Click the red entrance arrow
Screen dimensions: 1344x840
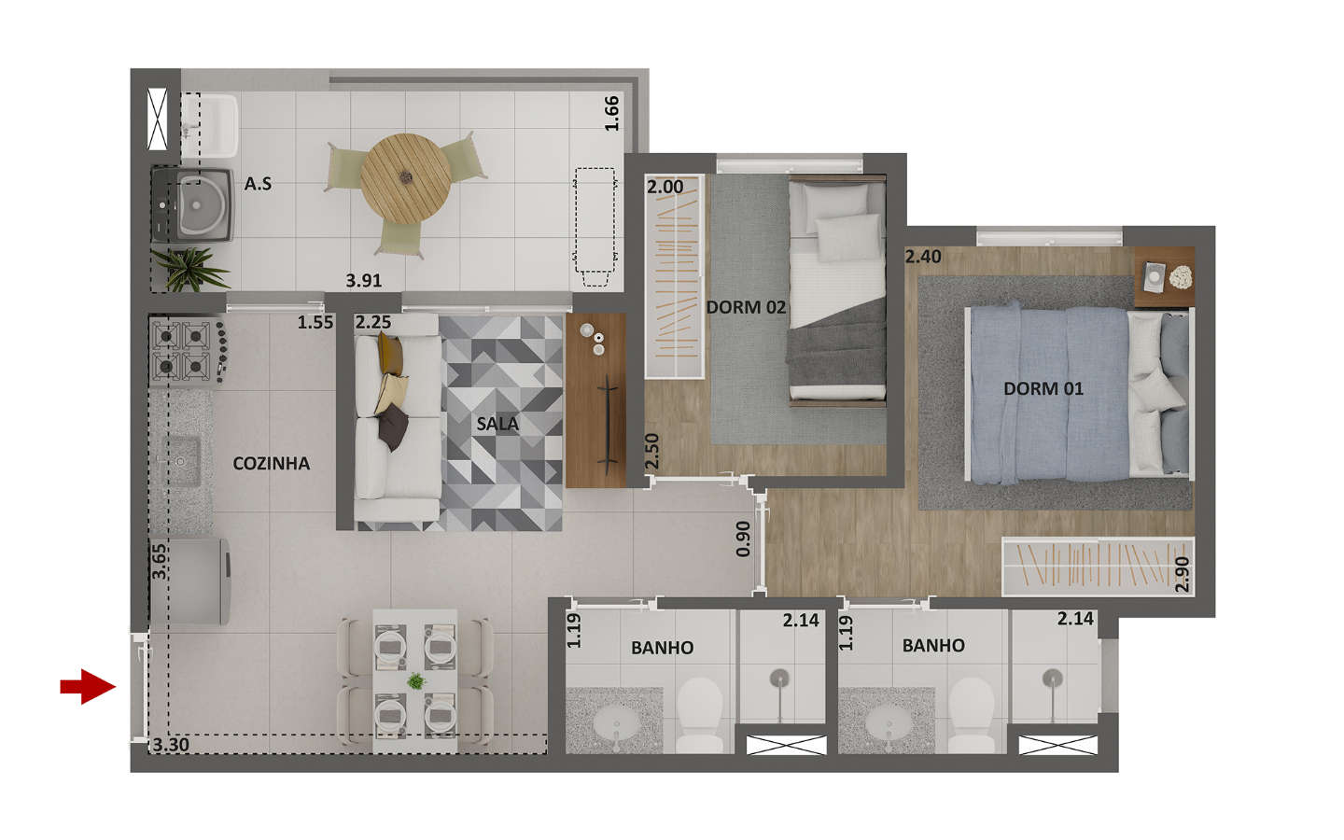coord(88,686)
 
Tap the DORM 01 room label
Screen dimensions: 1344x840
coord(1043,389)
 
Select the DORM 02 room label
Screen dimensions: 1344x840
coord(746,307)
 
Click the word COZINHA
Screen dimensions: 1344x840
coord(272,463)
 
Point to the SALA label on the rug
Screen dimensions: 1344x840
coord(497,424)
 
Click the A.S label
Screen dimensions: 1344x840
coord(258,184)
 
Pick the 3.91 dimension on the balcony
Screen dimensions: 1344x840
coord(364,280)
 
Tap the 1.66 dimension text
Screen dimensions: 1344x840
coord(611,114)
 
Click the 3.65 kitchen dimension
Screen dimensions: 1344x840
coord(159,561)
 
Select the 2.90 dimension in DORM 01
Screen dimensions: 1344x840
coord(1182,574)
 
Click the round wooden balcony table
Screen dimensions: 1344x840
coord(406,179)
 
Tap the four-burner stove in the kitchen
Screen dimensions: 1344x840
coord(189,352)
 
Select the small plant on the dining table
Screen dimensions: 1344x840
coord(416,681)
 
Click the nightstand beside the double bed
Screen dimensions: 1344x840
coord(1164,277)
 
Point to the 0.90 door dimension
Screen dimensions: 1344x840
coord(743,539)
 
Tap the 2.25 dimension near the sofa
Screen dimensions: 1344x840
coord(372,322)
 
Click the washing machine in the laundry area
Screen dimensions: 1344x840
coord(192,205)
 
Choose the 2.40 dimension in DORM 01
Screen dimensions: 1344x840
coord(923,257)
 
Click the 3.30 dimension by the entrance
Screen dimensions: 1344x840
coord(171,745)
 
